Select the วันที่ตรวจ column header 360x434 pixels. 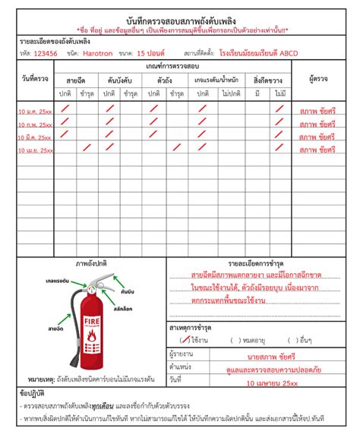pos(36,79)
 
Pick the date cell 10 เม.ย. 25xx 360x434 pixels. pos(35,151)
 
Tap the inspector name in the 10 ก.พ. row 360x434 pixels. pos(318,124)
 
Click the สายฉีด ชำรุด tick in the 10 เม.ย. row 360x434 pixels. pos(87,149)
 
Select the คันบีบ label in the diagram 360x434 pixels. pos(128,290)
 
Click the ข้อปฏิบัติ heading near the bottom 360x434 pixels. pos(33,395)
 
